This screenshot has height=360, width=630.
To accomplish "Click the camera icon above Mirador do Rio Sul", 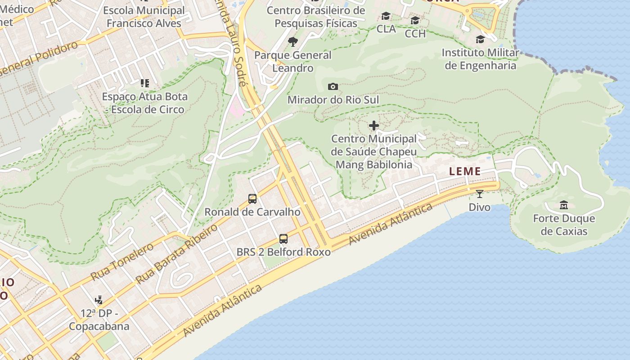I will (333, 86).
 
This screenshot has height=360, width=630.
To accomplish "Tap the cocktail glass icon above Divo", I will (479, 194).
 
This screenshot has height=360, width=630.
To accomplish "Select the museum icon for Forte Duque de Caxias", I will (564, 206).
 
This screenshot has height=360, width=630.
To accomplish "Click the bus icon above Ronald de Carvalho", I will (252, 198).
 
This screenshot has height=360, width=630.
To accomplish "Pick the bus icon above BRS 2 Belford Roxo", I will (283, 239).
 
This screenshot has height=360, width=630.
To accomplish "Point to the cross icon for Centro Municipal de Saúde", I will (373, 126).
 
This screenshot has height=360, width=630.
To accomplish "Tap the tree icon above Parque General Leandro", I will (293, 42).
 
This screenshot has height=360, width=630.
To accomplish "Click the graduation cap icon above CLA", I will (386, 16).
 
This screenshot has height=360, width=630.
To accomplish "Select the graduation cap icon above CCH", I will (415, 21).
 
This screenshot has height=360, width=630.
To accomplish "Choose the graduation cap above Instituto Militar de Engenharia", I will (480, 39).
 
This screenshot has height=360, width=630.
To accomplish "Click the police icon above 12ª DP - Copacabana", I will (99, 300).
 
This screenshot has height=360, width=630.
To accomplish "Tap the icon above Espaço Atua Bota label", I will (144, 83).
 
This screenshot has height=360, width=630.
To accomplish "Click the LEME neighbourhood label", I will (465, 171).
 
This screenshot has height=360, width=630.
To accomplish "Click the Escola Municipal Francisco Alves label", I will (144, 17).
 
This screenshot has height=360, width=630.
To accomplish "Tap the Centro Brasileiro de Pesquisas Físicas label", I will (316, 17).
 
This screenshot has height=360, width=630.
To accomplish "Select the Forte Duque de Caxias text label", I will (564, 225).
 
